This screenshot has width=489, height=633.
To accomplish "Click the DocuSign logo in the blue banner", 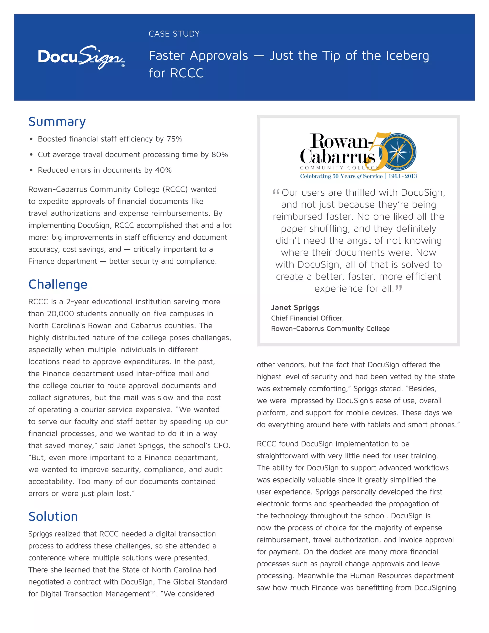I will point(81,57).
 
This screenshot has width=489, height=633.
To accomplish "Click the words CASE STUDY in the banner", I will point(174,34).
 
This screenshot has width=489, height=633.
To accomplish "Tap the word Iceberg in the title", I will point(407,56).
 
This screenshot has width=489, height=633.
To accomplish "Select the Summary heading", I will point(57,122).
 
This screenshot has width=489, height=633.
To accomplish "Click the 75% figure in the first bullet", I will point(174,139).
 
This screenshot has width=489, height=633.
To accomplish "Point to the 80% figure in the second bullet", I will point(220,155).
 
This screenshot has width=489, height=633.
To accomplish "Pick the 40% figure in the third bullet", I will point(163,170).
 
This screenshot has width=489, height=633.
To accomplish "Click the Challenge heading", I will point(58,284).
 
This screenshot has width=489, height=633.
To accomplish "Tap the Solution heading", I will point(53,516).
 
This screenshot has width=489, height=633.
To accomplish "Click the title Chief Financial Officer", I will point(307,318).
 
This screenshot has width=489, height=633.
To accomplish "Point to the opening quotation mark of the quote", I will point(276,192).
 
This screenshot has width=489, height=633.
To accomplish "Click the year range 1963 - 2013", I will point(402,176).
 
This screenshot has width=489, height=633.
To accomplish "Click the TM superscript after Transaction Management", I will point(153,592).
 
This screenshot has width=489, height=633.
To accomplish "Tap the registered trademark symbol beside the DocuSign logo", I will point(123,66).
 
